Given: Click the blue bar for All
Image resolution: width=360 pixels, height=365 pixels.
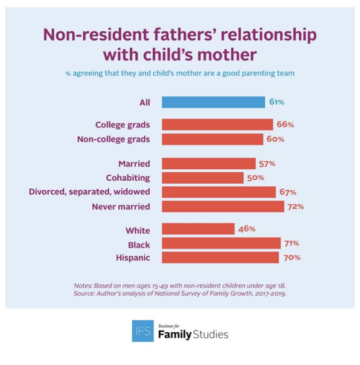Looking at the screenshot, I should coord(213,103).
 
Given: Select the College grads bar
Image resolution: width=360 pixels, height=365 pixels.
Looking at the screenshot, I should coord(217,125).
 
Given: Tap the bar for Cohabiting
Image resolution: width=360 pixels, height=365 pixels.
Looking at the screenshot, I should coord(203,178).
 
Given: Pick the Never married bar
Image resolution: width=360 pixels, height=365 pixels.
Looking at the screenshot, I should coord(223,207).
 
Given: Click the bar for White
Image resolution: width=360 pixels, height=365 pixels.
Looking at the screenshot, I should coord(198,229).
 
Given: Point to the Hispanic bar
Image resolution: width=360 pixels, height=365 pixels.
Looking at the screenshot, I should coord(220,257).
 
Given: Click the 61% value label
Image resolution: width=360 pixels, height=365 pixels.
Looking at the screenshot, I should coord(277,103).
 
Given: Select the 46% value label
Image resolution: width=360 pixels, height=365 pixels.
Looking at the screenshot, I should coord(247,229).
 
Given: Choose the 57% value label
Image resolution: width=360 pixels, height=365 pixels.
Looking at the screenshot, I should coord(267,163).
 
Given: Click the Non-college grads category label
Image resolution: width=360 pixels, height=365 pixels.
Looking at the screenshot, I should coord(113,139).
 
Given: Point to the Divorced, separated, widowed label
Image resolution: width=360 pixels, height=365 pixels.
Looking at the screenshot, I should coord(89,192).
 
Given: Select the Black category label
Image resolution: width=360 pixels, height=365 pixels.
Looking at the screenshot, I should coord(139,245).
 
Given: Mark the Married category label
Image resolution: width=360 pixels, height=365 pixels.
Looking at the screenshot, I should coord(134,163).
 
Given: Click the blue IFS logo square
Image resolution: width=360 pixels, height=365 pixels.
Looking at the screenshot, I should coord(142,331).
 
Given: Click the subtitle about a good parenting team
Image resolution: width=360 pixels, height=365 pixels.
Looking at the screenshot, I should coord(180,74).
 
